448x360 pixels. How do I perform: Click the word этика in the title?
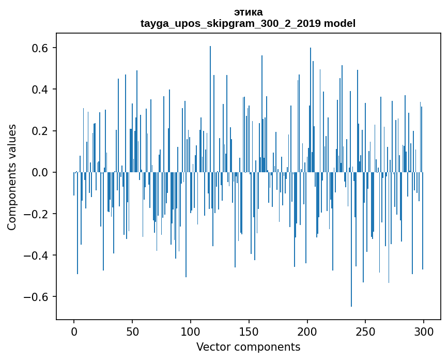coord(248,12)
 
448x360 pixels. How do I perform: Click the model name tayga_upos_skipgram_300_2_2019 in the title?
coord(230,23)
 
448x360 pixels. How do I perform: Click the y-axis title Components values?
coord(12,177)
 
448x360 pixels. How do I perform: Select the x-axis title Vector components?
coord(248,347)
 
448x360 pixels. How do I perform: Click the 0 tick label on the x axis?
coord(74,331)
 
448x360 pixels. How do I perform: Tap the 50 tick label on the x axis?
coord(132,331)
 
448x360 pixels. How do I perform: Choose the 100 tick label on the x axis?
coord(191,331)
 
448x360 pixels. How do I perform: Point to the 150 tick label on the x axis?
coord(249,331)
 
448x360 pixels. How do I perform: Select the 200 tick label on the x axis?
coord(307,331)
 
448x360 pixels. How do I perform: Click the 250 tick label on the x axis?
coord(366,331)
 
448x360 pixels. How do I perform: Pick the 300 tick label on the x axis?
coord(424,331)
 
